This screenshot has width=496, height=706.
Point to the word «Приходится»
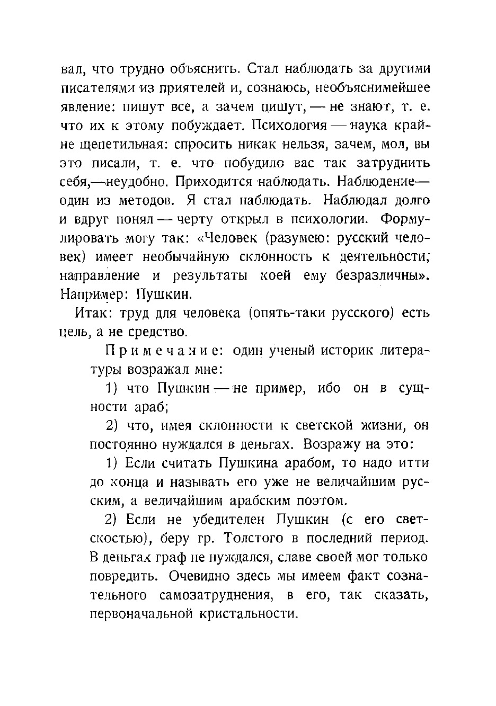(215, 182)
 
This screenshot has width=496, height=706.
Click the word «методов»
(147, 200)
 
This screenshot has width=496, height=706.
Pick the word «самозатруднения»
(217, 595)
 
